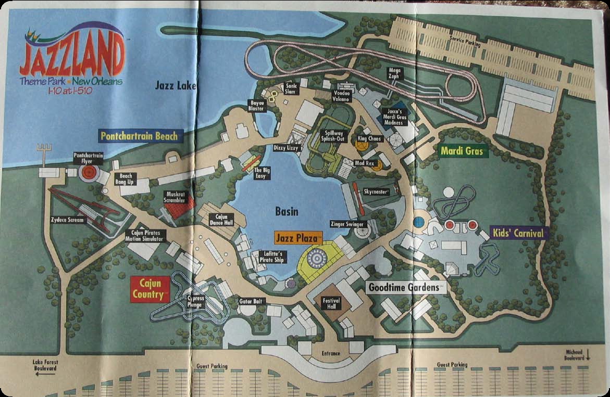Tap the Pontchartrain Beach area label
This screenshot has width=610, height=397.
139,136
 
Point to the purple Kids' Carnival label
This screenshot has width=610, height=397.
519,233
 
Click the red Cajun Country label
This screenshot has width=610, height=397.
151,289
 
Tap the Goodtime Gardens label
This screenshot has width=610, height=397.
406,287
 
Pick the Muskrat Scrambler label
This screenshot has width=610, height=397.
174,197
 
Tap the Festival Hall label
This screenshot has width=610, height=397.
331,302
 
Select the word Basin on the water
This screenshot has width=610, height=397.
287,211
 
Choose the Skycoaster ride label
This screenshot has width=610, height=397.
376,192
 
